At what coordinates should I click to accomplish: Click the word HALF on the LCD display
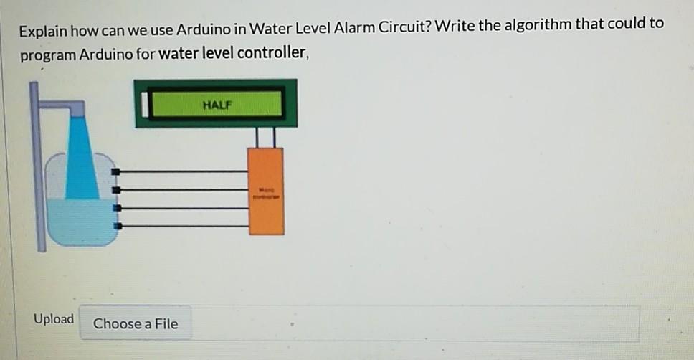217,105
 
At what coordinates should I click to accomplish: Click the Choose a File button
136,323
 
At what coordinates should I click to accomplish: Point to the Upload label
54,319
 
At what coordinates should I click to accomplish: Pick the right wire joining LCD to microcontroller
274,138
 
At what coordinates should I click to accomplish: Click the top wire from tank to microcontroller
183,172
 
